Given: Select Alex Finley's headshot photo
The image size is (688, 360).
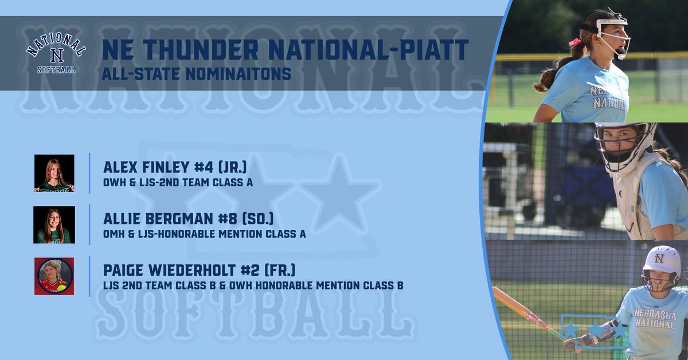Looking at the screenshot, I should click(54, 173).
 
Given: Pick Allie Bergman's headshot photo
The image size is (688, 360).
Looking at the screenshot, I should click(54, 225).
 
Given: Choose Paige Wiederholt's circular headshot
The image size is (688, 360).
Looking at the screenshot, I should click(54, 276).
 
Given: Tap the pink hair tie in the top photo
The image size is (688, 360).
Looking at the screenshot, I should click(573, 42).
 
